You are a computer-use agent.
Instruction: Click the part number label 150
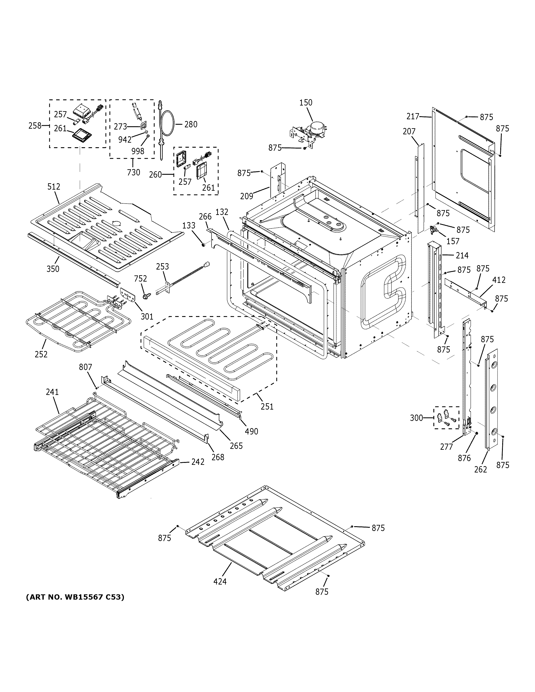(x=306, y=103)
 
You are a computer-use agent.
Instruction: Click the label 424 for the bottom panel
(x=220, y=581)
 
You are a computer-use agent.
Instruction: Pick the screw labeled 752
(x=146, y=296)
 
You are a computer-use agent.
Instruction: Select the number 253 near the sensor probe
(x=162, y=266)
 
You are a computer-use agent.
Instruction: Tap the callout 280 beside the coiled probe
(x=191, y=125)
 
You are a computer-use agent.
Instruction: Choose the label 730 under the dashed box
(x=134, y=172)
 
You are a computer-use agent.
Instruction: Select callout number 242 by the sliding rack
(x=198, y=462)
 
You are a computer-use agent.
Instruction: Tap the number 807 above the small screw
(x=85, y=367)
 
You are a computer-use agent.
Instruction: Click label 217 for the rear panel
(x=413, y=117)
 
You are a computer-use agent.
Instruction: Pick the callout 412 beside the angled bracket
(x=499, y=280)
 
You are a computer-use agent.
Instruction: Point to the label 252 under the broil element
(x=41, y=354)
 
